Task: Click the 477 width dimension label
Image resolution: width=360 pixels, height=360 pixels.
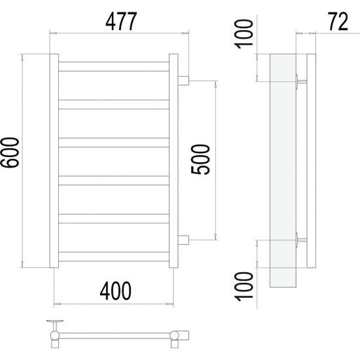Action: coord(121,22)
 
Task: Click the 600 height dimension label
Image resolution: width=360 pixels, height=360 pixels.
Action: coord(10,153)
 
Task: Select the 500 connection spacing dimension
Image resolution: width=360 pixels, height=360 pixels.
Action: coord(200,160)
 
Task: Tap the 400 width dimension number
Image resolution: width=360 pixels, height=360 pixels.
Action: coord(116,291)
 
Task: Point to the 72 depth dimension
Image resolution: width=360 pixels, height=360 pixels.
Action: coord(338,22)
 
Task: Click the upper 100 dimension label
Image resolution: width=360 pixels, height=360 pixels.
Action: coord(243,34)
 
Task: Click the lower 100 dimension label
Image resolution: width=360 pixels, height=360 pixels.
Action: coord(243,286)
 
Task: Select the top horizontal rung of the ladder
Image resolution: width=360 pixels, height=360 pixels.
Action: coord(114,66)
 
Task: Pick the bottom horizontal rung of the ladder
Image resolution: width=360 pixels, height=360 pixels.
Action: coord(114,257)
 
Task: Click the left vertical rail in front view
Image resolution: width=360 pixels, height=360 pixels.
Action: coord(54,161)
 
